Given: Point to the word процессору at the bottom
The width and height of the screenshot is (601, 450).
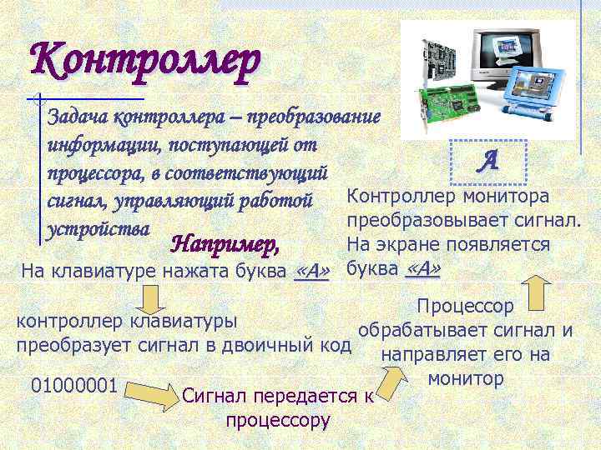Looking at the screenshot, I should coord(278,419).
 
